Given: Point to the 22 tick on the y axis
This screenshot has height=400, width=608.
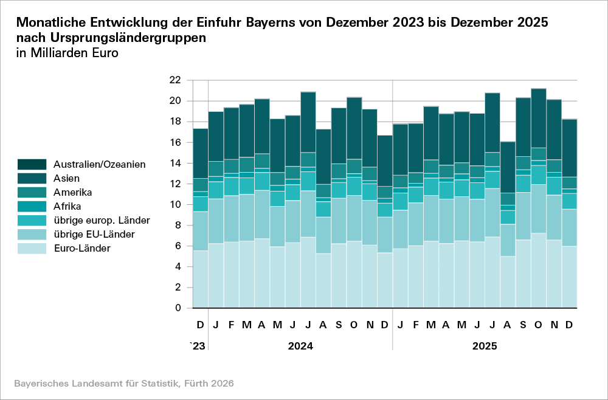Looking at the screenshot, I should click(174, 80).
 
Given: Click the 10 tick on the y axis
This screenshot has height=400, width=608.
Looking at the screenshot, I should click(174, 205).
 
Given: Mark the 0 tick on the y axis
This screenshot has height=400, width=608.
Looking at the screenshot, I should click(177, 308).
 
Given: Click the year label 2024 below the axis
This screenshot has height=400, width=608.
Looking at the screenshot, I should click(300, 347).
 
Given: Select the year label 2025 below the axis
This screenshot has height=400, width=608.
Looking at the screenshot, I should click(484, 347).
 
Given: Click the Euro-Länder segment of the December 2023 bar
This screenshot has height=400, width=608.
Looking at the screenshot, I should click(201, 279).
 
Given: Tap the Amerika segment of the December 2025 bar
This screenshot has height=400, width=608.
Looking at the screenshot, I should click(568, 183).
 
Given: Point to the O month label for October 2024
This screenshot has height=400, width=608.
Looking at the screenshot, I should click(354, 326).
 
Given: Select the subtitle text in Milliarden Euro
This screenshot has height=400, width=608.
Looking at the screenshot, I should click(67, 52).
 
